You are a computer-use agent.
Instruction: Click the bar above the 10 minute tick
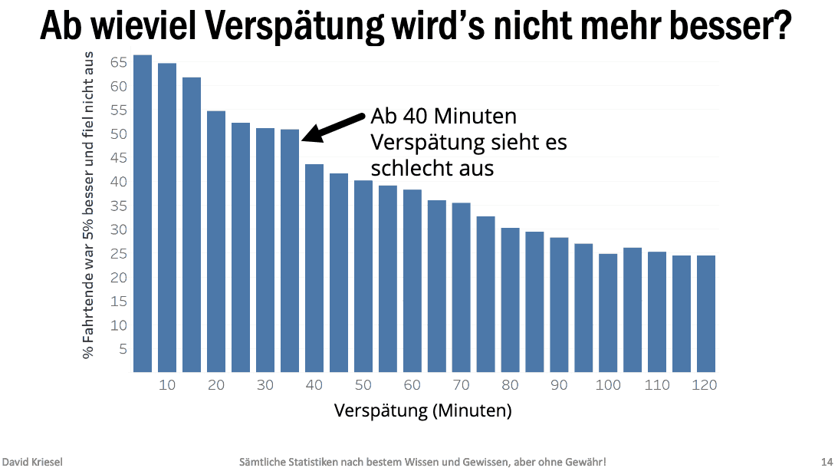(167, 218)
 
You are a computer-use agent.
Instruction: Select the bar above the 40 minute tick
(314, 268)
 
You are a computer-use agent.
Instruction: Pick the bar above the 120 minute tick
(706, 314)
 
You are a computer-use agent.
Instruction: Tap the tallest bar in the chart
(143, 214)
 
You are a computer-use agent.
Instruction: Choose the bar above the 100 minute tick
(608, 313)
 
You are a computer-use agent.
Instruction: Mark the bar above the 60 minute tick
(412, 281)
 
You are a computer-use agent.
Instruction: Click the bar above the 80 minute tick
(510, 300)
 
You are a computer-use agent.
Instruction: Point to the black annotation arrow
(334, 127)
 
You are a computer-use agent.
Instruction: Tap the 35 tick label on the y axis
(118, 206)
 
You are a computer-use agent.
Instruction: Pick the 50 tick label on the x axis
(363, 385)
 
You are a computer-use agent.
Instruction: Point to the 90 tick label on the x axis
(559, 385)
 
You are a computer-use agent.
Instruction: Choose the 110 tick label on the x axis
(657, 385)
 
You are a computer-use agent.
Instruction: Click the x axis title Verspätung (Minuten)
(422, 410)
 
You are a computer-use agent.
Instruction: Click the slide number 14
(826, 461)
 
